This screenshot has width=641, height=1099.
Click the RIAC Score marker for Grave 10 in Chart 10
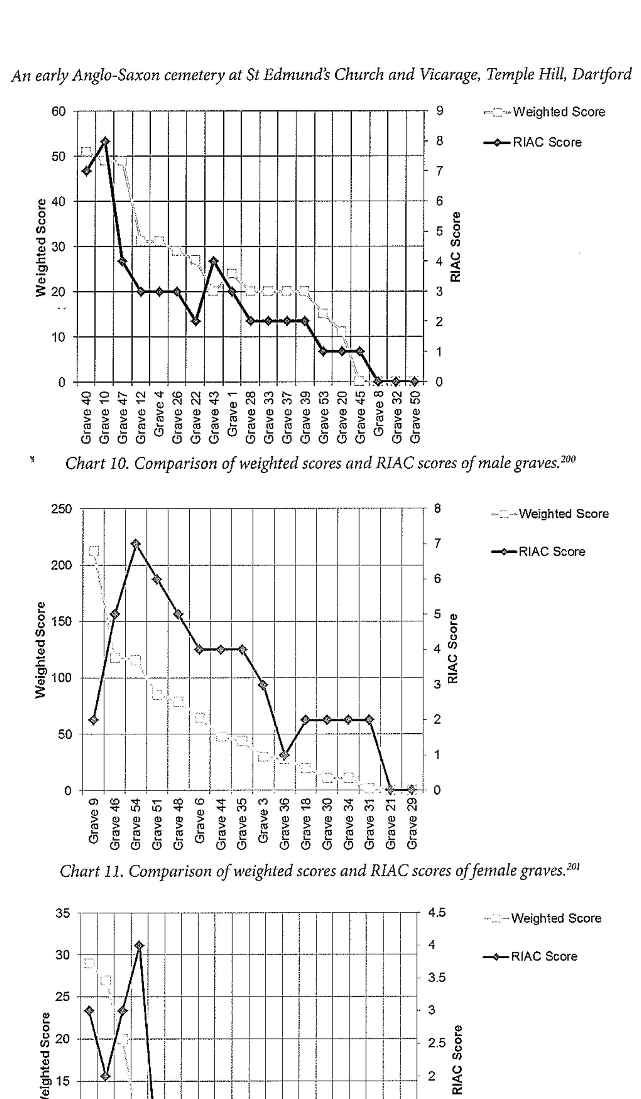pos(105,141)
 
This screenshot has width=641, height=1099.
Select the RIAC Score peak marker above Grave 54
pos(136,544)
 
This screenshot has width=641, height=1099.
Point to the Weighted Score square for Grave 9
pos(94,551)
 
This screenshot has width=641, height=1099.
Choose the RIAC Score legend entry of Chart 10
pos(533,143)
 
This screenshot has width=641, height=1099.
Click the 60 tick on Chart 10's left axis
pos(59,111)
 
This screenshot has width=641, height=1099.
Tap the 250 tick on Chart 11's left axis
pos(61,509)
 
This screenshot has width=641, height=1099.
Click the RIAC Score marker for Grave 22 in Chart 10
pos(196,321)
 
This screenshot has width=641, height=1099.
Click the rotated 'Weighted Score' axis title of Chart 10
pos(41,247)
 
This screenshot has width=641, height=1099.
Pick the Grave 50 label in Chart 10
pos(415,416)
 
